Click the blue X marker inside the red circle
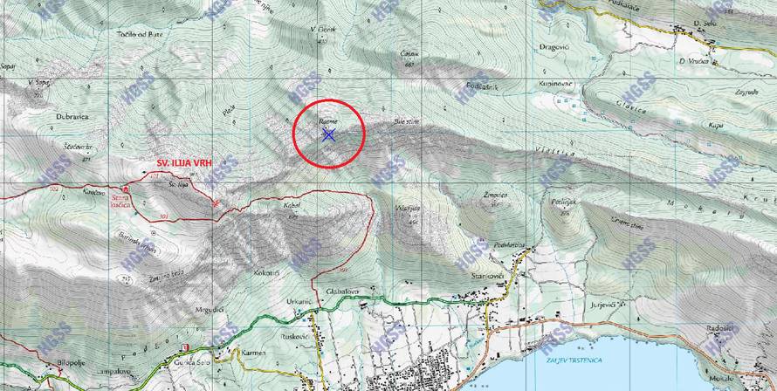328,134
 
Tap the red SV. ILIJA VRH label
186,162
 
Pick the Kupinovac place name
555,84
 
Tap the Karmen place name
253,353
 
